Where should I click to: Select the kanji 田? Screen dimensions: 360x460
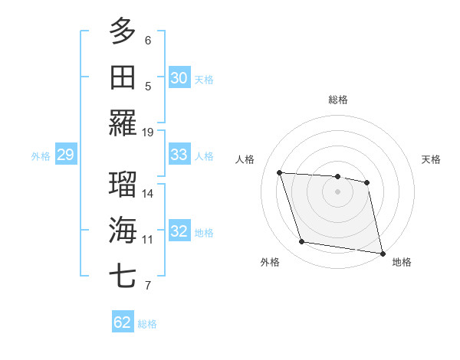pyautogui.click(x=123, y=77)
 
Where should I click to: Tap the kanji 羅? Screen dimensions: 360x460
pyautogui.click(x=123, y=123)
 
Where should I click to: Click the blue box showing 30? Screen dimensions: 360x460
pyautogui.click(x=179, y=78)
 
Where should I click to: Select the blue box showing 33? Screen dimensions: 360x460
pyautogui.click(x=179, y=155)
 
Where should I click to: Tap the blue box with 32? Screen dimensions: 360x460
pyautogui.click(x=179, y=231)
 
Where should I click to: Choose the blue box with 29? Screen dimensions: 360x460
pyautogui.click(x=65, y=155)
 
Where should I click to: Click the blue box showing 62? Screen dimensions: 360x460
pyautogui.click(x=123, y=322)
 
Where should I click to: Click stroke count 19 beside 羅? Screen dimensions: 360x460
pyautogui.click(x=148, y=133)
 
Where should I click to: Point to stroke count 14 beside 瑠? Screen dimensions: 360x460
pyautogui.click(x=148, y=194)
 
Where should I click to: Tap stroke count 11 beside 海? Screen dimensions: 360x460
pyautogui.click(x=148, y=240)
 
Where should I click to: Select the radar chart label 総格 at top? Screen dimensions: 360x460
pyautogui.click(x=338, y=100)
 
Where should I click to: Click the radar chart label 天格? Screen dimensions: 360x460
pyautogui.click(x=431, y=159)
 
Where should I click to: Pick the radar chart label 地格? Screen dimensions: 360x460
pyautogui.click(x=402, y=262)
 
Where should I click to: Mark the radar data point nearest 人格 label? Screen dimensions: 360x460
pyautogui.click(x=280, y=173)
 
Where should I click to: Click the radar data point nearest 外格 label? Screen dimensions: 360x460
pyautogui.click(x=302, y=242)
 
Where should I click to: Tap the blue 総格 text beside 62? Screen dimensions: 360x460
pyautogui.click(x=147, y=324)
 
